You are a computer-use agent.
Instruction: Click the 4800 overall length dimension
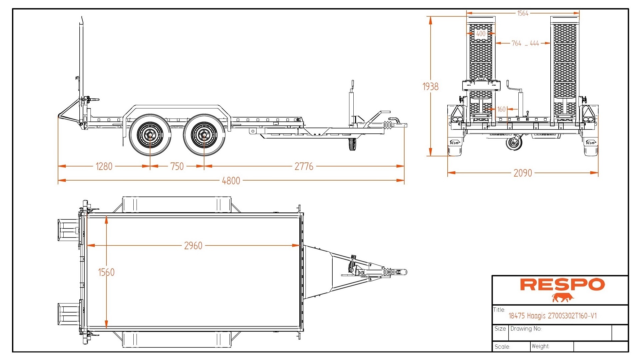[x=231, y=181]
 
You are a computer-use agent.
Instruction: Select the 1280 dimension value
[x=104, y=166]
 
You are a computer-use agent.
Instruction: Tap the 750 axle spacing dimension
[x=177, y=166]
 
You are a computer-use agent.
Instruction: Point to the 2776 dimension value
[x=304, y=166]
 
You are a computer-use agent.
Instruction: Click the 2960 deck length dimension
[x=193, y=246]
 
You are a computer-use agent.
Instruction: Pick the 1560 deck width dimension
[x=106, y=272]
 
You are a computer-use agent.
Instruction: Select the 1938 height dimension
[x=430, y=87]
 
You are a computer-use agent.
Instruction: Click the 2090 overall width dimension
[x=523, y=173]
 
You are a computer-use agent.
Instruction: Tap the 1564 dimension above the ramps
[x=523, y=13]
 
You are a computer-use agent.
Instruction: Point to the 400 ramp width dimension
[x=481, y=34]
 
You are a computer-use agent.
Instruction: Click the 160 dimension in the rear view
[x=501, y=109]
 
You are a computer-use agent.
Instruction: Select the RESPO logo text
[x=562, y=285]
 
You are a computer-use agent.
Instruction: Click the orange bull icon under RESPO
[x=563, y=298]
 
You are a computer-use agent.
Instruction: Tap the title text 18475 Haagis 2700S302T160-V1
[x=552, y=316]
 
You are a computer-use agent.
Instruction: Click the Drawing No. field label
[x=526, y=329]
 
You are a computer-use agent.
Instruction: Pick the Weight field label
[x=540, y=346]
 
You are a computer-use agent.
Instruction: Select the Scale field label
[x=502, y=347]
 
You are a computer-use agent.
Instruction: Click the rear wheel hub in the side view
[x=150, y=135]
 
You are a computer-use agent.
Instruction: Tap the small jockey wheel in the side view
[x=352, y=144]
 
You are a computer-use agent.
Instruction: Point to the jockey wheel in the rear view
[x=514, y=143]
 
